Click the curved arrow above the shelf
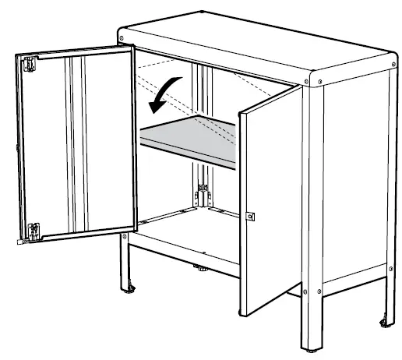[x=166, y=91]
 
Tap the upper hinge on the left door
[x=30, y=64]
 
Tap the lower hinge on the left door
[x=33, y=230]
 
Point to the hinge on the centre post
[x=202, y=188]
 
